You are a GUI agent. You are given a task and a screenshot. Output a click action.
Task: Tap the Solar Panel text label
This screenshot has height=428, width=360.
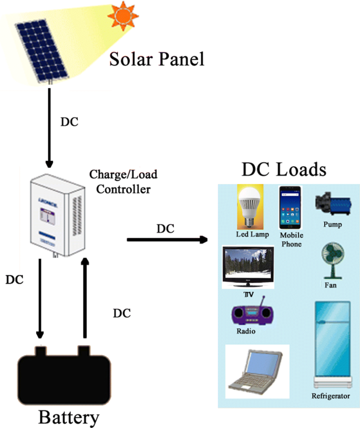156,59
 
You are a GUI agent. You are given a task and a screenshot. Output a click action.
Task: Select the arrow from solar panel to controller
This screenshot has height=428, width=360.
49,126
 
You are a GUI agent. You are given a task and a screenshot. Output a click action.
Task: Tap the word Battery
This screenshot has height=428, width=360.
68,417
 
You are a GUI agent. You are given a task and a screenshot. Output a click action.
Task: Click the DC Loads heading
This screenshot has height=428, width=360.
284,170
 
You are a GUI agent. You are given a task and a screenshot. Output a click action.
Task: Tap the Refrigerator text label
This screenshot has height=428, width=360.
331,396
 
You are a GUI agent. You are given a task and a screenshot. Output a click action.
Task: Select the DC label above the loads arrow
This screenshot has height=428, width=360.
165,229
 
